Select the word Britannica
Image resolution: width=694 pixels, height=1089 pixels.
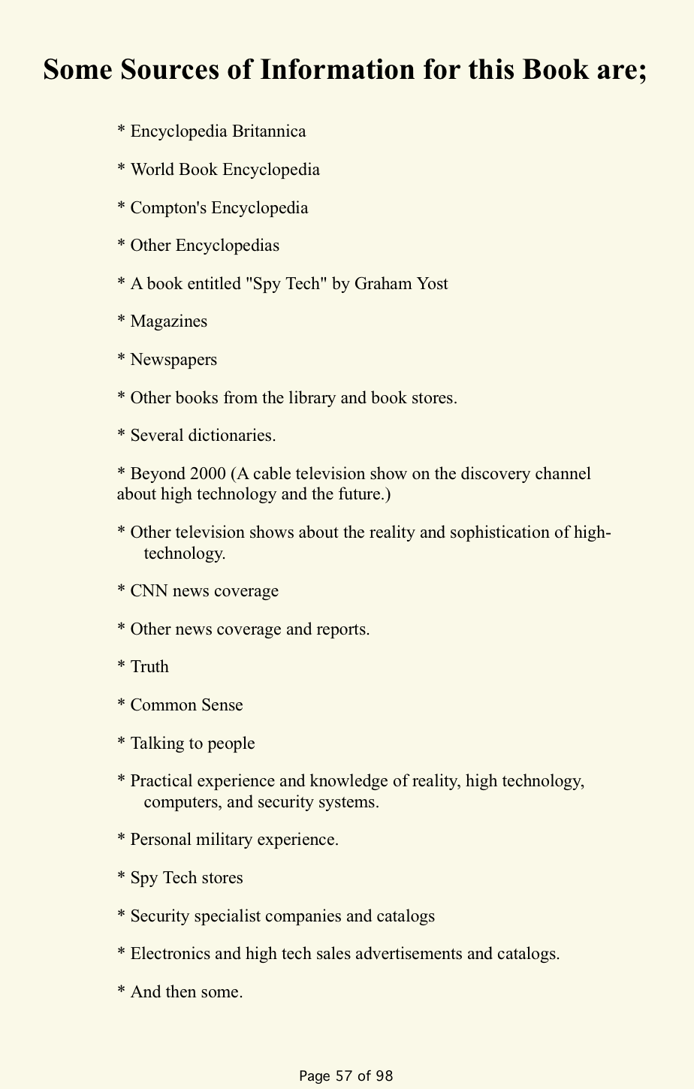(x=269, y=131)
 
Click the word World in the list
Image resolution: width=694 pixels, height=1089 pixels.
(x=152, y=169)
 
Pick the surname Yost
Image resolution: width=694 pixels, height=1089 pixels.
(x=430, y=283)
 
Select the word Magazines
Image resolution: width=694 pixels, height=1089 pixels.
(x=168, y=321)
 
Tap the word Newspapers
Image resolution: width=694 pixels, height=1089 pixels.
(x=173, y=360)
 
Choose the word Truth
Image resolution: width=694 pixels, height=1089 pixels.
(x=149, y=667)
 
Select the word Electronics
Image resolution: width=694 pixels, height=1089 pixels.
(x=173, y=954)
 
